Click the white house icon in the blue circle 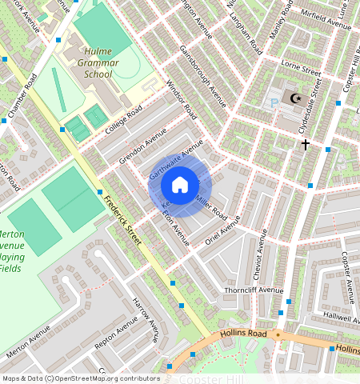click(180, 186)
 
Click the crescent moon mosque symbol click(297, 98)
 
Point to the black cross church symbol click(305, 145)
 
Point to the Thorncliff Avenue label click(254, 290)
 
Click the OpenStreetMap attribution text click(80, 378)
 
